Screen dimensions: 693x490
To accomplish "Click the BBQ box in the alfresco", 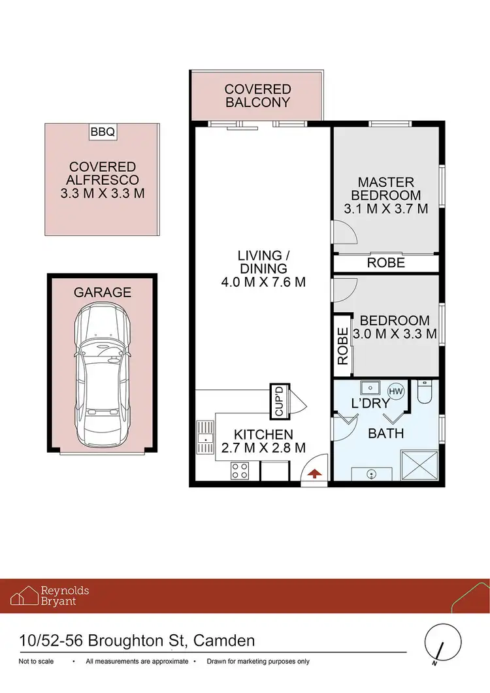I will click(x=103, y=132).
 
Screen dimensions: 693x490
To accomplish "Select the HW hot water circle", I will click(x=396, y=391).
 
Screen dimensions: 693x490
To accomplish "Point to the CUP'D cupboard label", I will click(x=279, y=402).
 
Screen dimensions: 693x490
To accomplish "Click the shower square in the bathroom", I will click(x=417, y=467).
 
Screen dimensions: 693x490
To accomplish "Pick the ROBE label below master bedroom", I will click(x=385, y=263).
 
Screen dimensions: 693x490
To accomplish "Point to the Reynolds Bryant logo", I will click(x=50, y=596).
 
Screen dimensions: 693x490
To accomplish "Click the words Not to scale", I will click(x=37, y=662).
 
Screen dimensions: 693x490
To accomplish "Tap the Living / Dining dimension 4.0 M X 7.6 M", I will click(x=263, y=283).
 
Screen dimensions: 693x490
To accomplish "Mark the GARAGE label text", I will click(x=103, y=293).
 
